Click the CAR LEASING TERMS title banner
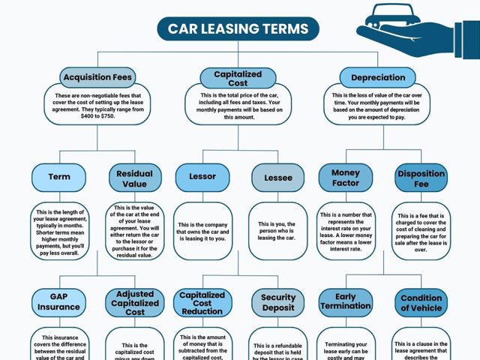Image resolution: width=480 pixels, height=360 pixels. [x=238, y=28]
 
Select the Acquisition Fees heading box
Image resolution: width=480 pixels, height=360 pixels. [x=97, y=76]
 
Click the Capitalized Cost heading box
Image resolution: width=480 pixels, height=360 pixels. [x=238, y=77]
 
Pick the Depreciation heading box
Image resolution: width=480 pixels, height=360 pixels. [x=378, y=77]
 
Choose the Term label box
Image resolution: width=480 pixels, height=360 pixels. [x=59, y=178]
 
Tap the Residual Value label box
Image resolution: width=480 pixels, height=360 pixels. [x=135, y=178]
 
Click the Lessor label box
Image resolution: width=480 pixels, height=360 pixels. [x=202, y=178]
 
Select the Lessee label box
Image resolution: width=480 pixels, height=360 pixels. [x=277, y=178]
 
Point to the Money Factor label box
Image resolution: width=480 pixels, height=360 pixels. [x=346, y=178]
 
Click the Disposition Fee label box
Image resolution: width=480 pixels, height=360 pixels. [x=421, y=178]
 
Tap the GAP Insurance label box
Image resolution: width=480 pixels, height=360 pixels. [x=59, y=302]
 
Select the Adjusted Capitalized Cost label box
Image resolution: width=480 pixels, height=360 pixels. [x=135, y=302]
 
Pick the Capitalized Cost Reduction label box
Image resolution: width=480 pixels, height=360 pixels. [x=202, y=302]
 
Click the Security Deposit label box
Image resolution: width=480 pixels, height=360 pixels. [x=277, y=302]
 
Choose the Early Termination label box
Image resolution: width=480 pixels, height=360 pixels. [x=346, y=301]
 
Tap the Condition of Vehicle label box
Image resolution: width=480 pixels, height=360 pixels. [x=421, y=302]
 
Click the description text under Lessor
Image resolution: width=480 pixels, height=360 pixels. [x=202, y=232]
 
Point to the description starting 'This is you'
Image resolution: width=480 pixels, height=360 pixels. [x=277, y=232]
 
